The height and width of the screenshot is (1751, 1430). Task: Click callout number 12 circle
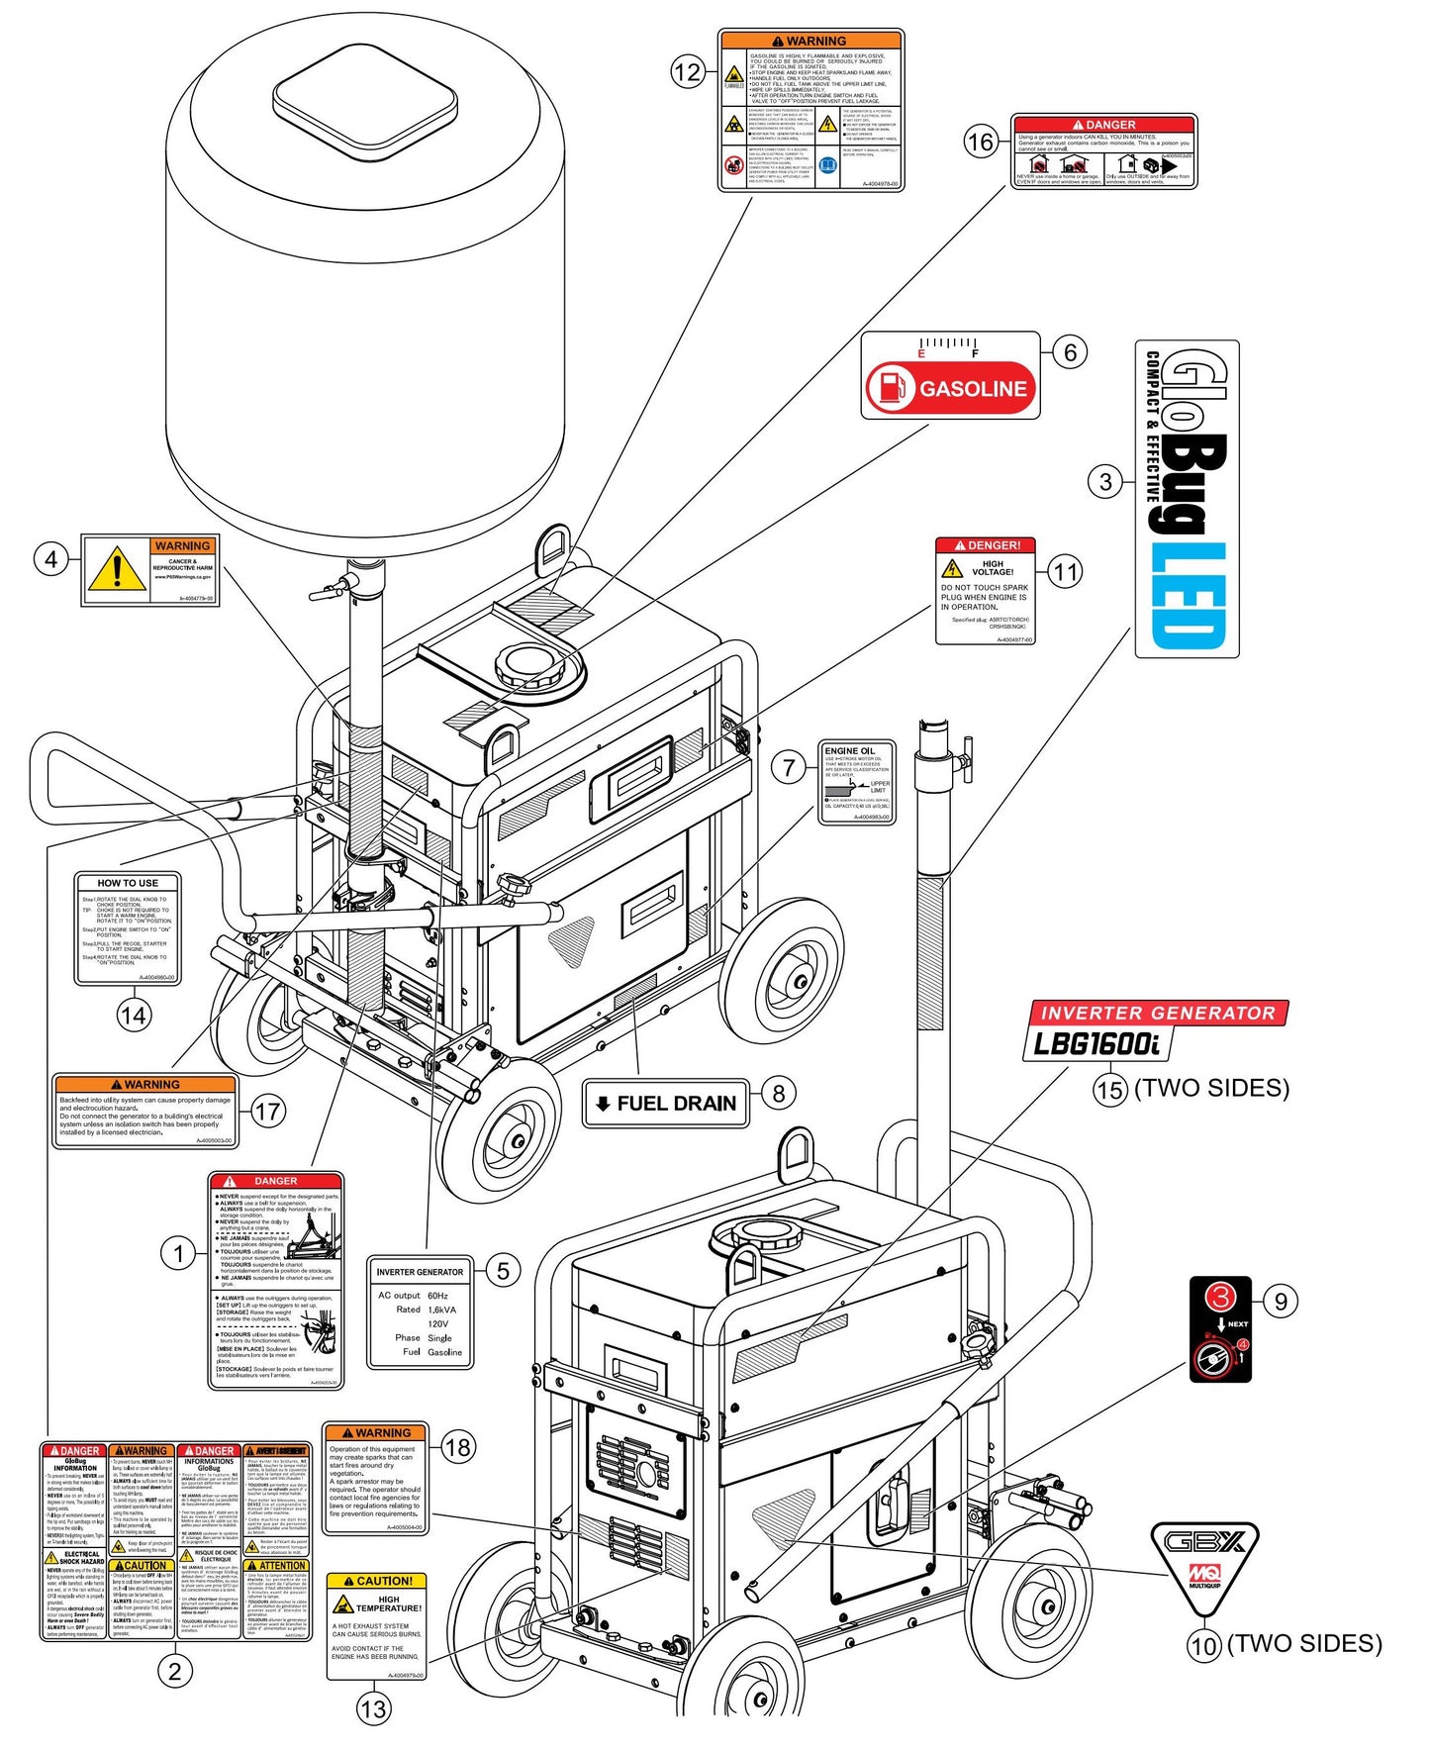pos(687,71)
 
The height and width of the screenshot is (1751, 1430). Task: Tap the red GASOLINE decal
pos(951,388)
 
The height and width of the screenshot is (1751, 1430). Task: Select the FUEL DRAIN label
pos(665,1104)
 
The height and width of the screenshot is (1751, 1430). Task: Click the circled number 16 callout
pos(980,143)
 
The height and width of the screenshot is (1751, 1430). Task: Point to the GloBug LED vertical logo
pos(1187,499)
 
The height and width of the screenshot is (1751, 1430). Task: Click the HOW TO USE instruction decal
pos(128,928)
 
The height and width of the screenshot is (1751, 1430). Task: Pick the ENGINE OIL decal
pos(857,782)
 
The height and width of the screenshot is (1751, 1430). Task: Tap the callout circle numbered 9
pos(1281,1301)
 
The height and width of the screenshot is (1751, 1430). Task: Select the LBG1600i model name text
pos(1095,1043)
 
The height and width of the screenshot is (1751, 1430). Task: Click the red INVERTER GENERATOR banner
pos(1156,1013)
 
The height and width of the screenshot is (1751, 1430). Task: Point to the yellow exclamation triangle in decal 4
pos(117,570)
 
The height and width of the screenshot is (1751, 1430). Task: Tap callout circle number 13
pos(373,1708)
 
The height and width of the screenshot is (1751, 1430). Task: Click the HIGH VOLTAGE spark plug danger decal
pos(986,591)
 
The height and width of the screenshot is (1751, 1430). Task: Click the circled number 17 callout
pos(267,1112)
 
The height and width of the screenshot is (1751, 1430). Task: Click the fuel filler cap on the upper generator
pos(534,667)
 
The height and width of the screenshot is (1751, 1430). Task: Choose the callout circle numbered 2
pos(175,1672)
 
